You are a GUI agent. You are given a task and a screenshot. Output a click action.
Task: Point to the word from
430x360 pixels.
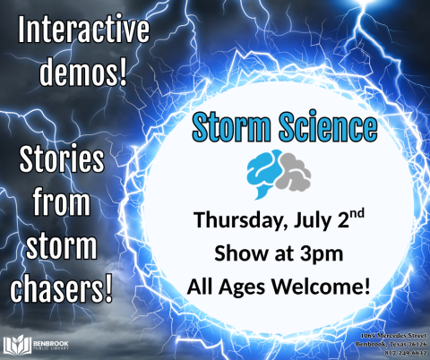point(64,204)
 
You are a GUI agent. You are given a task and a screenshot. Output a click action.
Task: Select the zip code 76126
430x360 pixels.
point(411,343)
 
